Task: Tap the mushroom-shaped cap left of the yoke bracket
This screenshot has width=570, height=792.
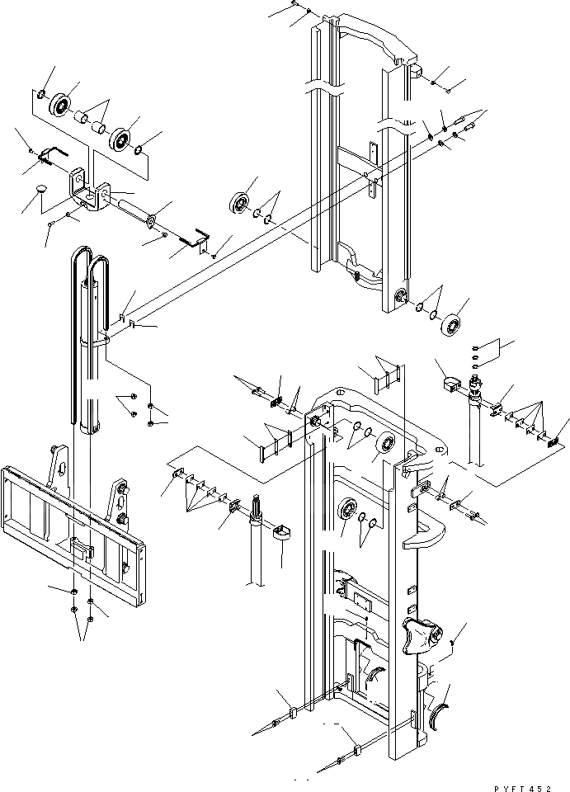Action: click(40, 192)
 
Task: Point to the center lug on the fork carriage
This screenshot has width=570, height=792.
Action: click(81, 549)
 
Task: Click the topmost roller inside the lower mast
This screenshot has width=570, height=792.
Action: click(384, 445)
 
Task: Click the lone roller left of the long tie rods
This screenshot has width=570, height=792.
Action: click(243, 203)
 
